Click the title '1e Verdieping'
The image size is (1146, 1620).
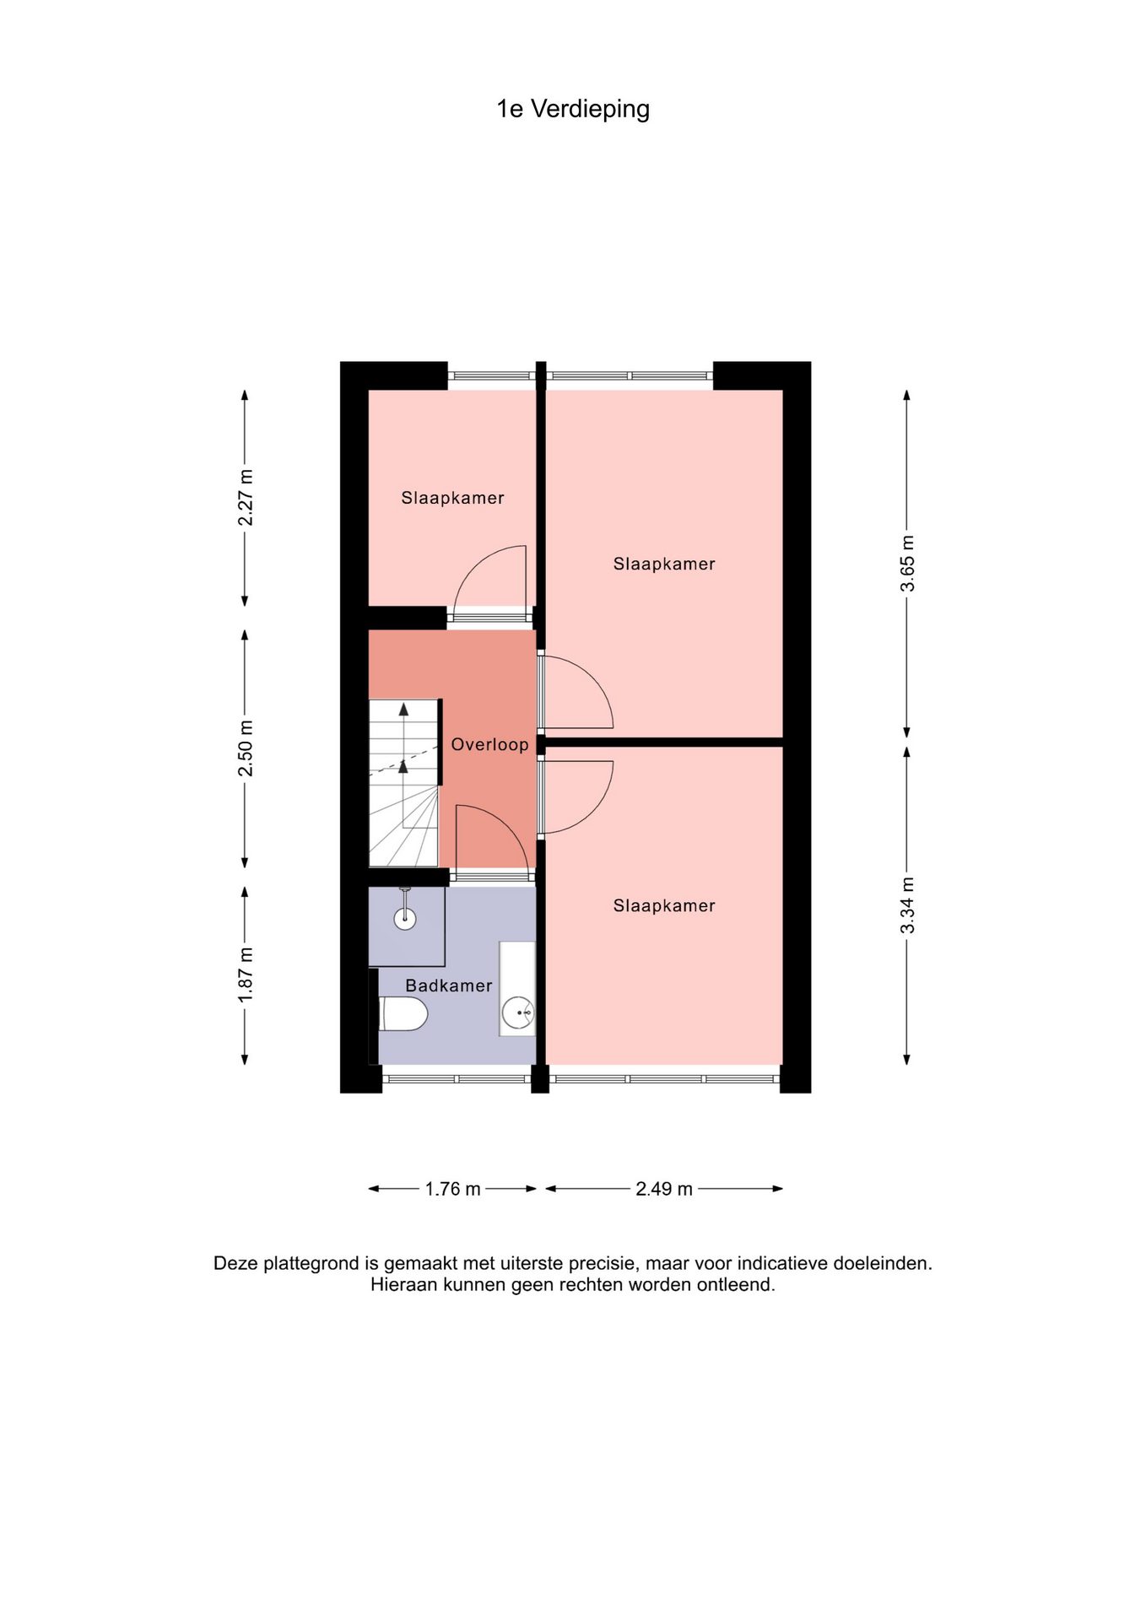[x=573, y=110]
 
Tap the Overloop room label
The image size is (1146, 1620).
[x=489, y=744]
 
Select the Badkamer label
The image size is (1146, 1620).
[x=449, y=985]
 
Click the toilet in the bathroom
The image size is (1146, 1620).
[x=403, y=1013]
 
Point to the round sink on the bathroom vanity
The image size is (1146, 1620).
[x=518, y=1012]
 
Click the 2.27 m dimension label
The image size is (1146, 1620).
[x=246, y=498]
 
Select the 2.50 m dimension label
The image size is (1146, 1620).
[x=246, y=748]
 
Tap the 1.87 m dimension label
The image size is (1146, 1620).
[x=246, y=975]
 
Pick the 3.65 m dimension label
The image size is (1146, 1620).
[x=907, y=564]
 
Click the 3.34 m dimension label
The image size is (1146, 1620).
[x=907, y=905]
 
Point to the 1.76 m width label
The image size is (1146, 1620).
[x=452, y=1189]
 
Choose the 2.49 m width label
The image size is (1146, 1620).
[x=664, y=1189]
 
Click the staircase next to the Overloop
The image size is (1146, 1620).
[x=404, y=782]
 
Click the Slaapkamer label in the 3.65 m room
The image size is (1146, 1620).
[x=664, y=564]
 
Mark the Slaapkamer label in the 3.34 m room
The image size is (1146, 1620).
[x=664, y=905]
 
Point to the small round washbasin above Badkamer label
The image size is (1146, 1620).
[x=405, y=918]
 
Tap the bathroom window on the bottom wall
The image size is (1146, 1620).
[x=457, y=1078]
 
